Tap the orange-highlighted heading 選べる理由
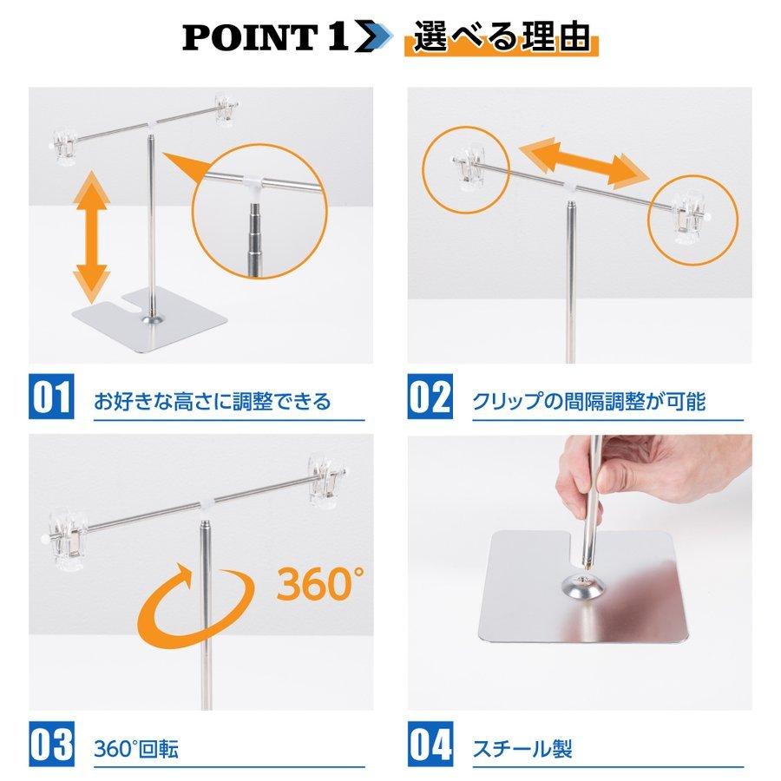pos(502,39)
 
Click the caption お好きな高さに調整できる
pos(212,402)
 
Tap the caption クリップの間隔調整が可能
pos(588,402)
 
